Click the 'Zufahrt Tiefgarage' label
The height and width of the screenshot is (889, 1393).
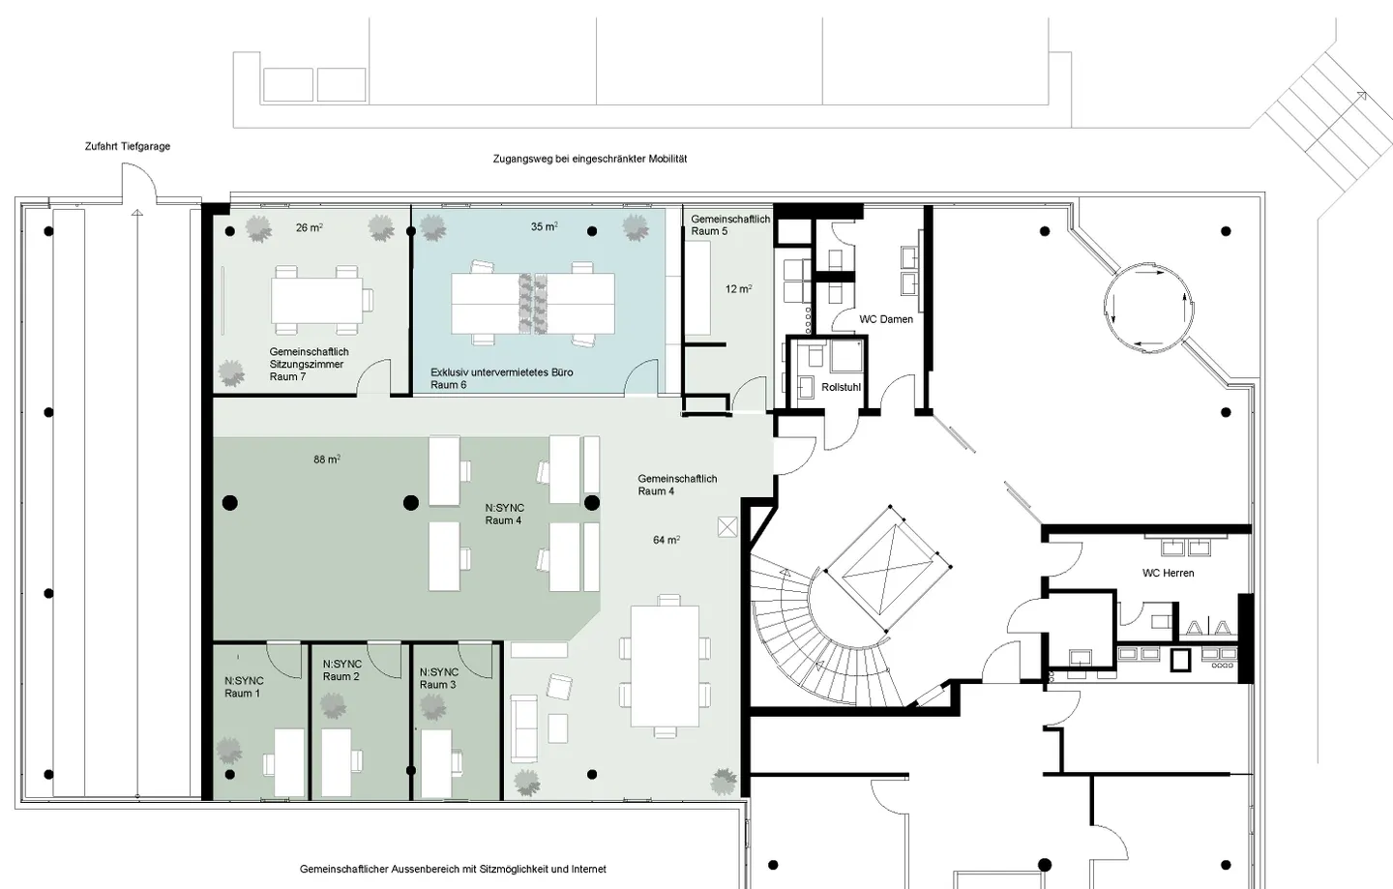click(128, 147)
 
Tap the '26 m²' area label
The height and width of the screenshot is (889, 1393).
click(310, 227)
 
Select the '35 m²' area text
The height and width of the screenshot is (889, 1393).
click(544, 227)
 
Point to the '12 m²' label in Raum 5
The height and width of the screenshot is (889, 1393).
click(739, 289)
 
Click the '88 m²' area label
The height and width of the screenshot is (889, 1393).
click(327, 459)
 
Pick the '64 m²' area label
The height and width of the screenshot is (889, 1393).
click(666, 540)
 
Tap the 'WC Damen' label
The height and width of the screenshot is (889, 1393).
click(886, 319)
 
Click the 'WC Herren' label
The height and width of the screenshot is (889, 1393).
click(1168, 574)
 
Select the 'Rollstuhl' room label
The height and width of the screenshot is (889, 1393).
click(841, 387)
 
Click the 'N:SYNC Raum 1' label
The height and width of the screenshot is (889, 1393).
click(244, 687)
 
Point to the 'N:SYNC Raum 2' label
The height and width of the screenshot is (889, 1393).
click(342, 670)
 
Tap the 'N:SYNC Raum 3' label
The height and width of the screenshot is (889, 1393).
click(439, 678)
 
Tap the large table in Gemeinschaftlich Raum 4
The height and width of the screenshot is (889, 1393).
click(665, 666)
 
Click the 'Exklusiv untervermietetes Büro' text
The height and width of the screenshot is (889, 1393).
click(502, 372)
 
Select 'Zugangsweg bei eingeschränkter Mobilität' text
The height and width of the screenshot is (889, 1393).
click(590, 160)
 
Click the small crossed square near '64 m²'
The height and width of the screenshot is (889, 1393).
click(727, 527)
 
